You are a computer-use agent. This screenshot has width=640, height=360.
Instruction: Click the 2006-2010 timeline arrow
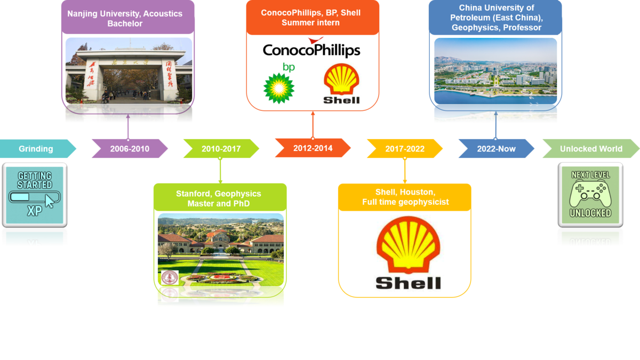130,149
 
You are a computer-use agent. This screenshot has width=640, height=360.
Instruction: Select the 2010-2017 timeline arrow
221,149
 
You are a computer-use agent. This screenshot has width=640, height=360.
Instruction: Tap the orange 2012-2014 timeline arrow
313,148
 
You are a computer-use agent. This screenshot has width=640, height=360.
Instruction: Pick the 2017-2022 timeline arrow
404,149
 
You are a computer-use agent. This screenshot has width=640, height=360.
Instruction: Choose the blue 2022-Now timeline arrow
496,149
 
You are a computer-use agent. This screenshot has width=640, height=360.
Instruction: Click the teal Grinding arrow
36,149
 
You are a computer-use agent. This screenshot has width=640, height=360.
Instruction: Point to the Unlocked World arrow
591,149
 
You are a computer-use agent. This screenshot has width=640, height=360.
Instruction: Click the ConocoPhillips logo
312,49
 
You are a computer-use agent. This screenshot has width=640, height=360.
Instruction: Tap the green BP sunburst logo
279,88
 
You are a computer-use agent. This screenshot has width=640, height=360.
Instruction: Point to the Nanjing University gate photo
128,72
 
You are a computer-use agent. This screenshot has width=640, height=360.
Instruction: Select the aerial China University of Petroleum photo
495,72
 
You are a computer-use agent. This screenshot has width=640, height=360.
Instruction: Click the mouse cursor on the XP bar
50,201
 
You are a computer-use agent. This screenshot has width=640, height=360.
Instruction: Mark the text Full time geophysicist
405,202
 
